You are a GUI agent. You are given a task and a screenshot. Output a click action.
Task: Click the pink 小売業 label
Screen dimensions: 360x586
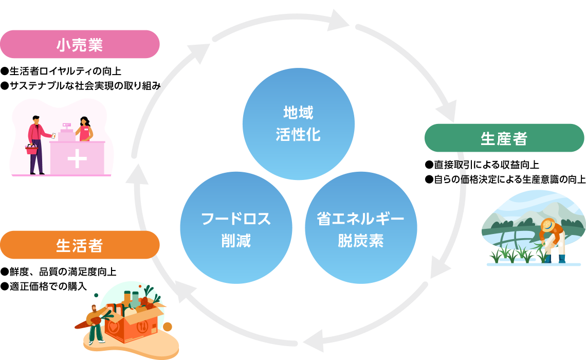pos(80,45)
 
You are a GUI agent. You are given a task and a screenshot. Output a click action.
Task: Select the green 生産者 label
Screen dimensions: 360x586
pos(504,138)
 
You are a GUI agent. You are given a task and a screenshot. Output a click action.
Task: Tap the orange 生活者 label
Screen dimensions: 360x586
pos(80,245)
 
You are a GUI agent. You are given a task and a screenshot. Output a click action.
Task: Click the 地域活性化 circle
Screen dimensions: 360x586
pos(298,124)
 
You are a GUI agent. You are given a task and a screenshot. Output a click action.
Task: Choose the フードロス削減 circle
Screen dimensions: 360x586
pos(236,228)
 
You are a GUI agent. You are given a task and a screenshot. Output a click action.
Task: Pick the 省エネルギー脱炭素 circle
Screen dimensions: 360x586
pos(361,228)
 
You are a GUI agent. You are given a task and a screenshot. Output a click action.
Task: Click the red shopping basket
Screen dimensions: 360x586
pos(32,150)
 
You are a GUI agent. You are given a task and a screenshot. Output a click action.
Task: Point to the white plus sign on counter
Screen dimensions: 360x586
pos(77,159)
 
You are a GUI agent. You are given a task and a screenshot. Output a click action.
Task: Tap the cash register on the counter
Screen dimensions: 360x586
pos(66,132)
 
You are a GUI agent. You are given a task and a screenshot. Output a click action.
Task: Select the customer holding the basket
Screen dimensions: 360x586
pos(36,144)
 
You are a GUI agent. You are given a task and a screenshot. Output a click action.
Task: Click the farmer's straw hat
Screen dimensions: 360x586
pos(548,225)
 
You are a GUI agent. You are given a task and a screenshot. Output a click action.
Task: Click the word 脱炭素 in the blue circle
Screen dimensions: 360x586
pos(361,241)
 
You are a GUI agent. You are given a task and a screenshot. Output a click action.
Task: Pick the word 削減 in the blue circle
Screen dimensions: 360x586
pos(236,241)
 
